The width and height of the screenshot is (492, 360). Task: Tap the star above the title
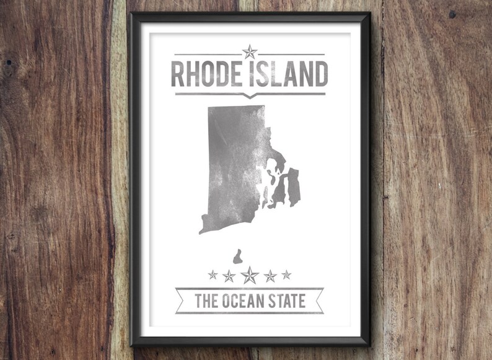(x=250, y=52)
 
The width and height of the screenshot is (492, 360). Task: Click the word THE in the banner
(x=206, y=301)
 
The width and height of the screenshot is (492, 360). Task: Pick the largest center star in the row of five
(x=250, y=275)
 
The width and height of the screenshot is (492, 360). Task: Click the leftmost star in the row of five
(x=213, y=274)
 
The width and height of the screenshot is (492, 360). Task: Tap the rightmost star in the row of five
(x=286, y=274)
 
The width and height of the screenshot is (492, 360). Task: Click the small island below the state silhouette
(x=237, y=257)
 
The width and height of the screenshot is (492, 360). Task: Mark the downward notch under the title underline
(x=250, y=96)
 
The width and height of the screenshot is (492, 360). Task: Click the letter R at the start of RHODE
(x=177, y=74)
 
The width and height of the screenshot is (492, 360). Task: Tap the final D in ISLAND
(x=321, y=74)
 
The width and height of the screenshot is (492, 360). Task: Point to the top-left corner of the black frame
(x=131, y=14)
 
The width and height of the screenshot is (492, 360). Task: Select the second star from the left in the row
(x=229, y=275)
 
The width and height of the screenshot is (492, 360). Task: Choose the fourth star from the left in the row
(x=270, y=275)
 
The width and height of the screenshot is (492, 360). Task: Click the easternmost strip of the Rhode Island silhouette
(x=294, y=187)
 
